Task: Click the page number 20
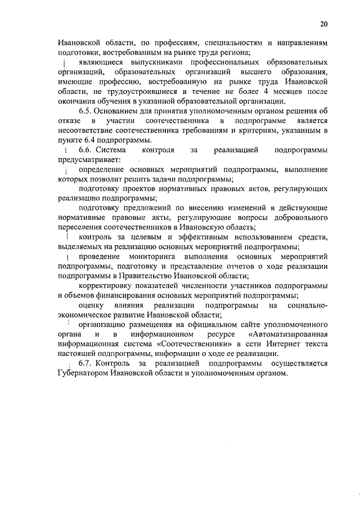click(324, 24)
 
